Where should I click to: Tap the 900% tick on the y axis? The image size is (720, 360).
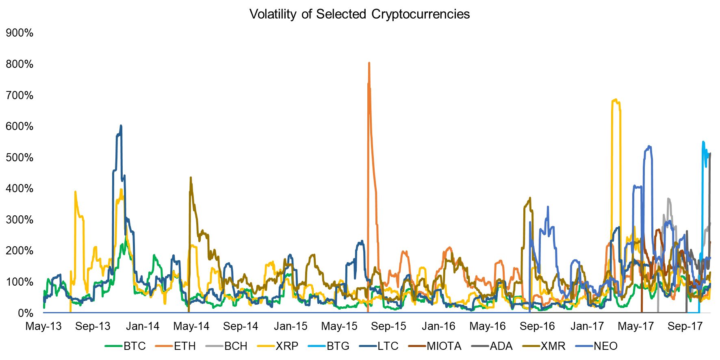click(20, 33)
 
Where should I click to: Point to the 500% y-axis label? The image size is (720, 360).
click(20, 158)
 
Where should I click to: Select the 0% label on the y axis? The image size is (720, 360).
click(25, 313)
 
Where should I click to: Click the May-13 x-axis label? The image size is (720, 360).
click(43, 326)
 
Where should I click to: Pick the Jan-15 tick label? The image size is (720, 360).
click(291, 326)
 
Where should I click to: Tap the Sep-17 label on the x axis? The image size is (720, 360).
click(685, 326)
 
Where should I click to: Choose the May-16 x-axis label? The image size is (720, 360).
click(488, 326)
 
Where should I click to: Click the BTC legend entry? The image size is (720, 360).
click(134, 346)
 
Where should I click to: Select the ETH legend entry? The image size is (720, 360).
click(185, 346)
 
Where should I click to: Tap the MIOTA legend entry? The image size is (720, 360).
click(444, 346)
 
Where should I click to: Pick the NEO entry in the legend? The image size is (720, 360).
click(605, 346)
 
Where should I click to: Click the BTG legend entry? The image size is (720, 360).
click(338, 346)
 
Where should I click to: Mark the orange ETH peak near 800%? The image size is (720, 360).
click(369, 63)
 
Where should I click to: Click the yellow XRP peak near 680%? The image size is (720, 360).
click(616, 100)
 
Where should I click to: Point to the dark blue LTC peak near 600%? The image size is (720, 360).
click(121, 126)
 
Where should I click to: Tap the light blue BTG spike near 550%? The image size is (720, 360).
click(703, 142)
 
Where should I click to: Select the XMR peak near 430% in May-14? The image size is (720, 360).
click(191, 178)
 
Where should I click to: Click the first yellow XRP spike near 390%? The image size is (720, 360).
click(75, 192)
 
